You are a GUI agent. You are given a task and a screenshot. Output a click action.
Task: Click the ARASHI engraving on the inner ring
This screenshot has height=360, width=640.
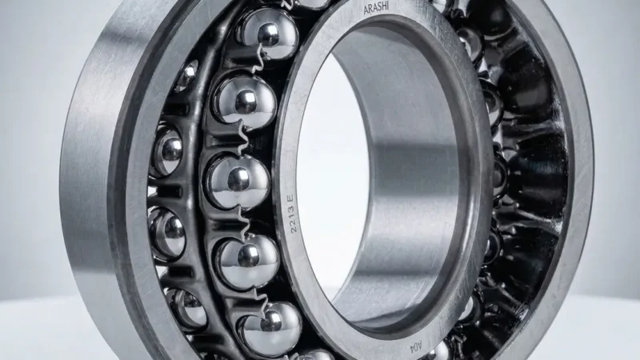[x=376, y=8]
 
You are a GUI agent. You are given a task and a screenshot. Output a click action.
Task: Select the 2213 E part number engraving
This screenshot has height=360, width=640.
[x=292, y=214]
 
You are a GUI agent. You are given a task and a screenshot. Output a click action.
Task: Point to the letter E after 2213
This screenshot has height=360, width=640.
[x=290, y=198]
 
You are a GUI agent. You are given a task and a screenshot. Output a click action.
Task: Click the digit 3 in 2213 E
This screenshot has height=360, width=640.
[x=291, y=210]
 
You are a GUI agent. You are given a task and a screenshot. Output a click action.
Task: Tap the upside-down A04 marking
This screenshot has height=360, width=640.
[x=414, y=348]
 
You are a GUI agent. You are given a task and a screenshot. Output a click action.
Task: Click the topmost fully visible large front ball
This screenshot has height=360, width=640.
[x=268, y=34]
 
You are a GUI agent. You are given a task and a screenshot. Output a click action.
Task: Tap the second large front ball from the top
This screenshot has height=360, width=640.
[x=245, y=101]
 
